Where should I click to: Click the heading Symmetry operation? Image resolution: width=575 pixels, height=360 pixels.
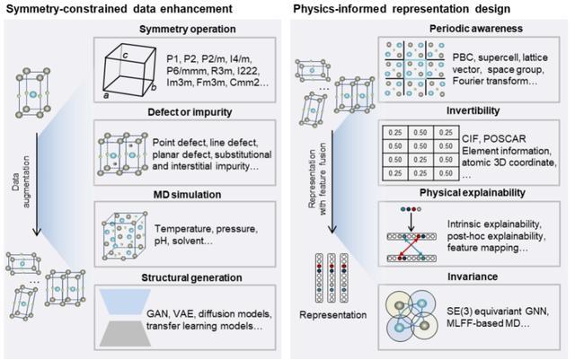coord(188,29)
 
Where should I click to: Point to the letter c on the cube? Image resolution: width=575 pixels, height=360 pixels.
coord(126,56)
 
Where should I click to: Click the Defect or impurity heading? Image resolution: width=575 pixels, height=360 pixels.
coord(190,112)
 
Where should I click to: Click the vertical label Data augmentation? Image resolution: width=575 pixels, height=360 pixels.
coord(21,182)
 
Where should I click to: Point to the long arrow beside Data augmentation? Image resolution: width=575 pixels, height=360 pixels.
coord(37,184)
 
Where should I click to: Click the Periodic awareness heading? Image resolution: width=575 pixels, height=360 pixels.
coord(476,29)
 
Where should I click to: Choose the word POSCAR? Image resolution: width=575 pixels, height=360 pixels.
coord(507,139)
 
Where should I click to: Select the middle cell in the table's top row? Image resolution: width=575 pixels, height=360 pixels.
coord(420,133)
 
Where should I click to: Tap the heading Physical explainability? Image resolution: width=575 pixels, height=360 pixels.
coord(473,193)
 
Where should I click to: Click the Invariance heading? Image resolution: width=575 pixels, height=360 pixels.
coord(473,277)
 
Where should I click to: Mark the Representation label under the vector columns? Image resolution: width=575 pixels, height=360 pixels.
coord(333,315)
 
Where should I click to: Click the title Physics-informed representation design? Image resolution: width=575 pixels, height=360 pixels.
coord(402,8)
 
